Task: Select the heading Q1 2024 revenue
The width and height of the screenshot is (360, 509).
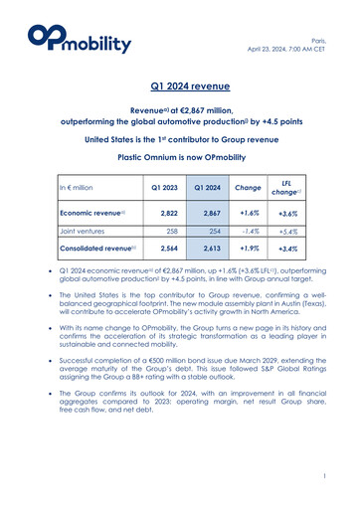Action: (x=179, y=87)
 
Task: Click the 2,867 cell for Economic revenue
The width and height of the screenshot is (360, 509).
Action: (x=201, y=213)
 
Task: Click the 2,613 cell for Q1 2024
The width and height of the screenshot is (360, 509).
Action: (x=201, y=248)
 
